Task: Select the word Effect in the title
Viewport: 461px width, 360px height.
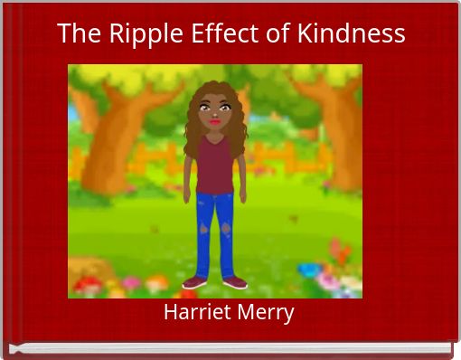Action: tap(216, 33)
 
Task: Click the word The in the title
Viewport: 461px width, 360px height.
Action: tap(78, 33)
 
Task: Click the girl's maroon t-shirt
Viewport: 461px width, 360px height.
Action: tap(214, 163)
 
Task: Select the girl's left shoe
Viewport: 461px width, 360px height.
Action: tap(233, 282)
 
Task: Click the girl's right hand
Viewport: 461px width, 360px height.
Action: tap(186, 193)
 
